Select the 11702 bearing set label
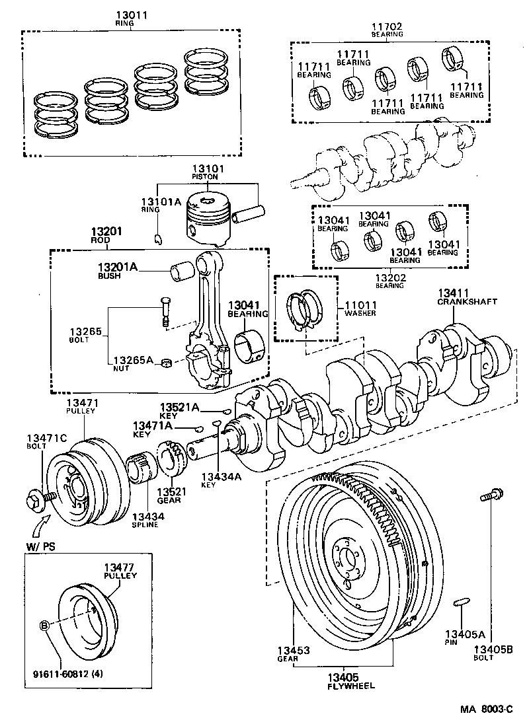pyautogui.click(x=387, y=27)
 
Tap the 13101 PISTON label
pyautogui.click(x=208, y=172)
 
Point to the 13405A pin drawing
pyautogui.click(x=462, y=601)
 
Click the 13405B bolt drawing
pyautogui.click(x=489, y=494)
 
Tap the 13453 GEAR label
pyautogui.click(x=294, y=655)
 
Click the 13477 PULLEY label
pyautogui.click(x=120, y=571)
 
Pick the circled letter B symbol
pyautogui.click(x=45, y=624)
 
